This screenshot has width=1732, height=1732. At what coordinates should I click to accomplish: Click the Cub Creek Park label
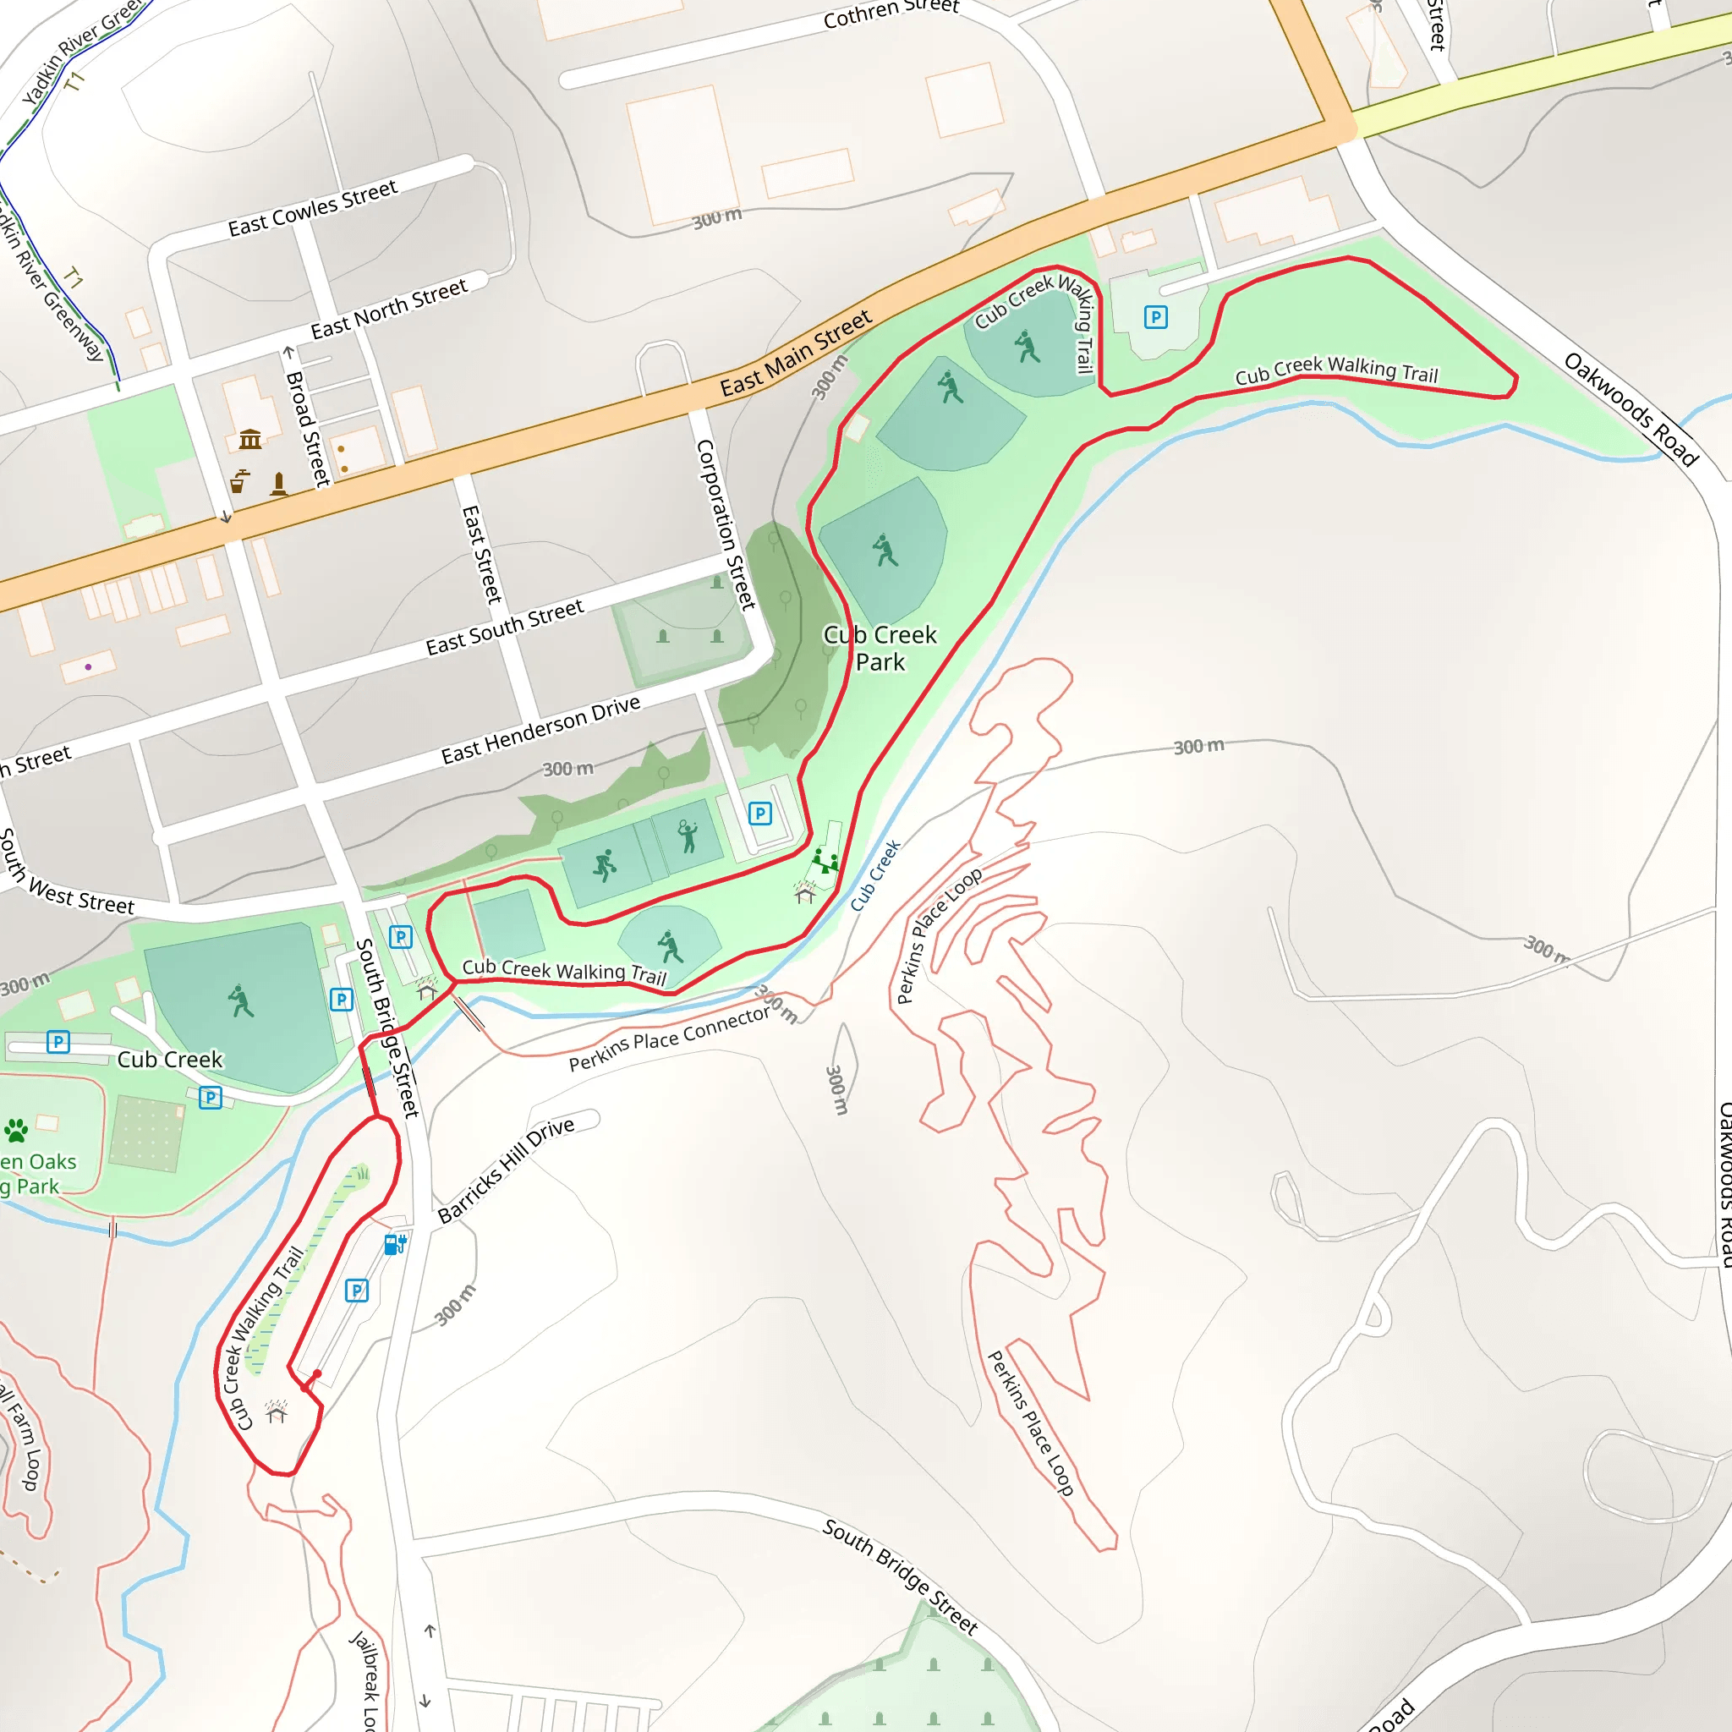pos(880,648)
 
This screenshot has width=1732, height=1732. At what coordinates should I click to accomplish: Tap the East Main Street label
pos(795,354)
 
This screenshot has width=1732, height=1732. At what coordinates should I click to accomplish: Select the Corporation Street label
pos(726,524)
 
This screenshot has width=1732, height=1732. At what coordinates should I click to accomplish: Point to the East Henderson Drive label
pos(540,730)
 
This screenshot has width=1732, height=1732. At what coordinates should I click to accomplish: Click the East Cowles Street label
pos(312,208)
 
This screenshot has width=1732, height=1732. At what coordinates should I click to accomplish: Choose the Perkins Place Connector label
pos(670,1039)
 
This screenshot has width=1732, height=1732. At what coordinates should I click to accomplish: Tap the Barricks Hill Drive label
pos(507,1169)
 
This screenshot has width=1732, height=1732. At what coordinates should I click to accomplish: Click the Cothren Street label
pos(891,13)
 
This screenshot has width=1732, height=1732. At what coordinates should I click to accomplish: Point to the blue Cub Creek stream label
pos(875,876)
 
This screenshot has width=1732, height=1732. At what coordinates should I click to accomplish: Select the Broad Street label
pos(308,417)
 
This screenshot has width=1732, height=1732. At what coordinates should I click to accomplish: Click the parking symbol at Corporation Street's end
pos(760,814)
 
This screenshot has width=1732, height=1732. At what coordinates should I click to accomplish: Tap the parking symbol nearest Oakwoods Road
pos(1155,317)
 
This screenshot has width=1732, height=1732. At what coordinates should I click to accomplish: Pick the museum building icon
pos(250,439)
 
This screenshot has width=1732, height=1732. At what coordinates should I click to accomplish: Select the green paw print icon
pos(16,1131)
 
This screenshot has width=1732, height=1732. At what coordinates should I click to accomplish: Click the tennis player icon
pos(688,836)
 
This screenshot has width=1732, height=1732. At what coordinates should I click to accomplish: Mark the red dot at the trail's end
pos(317,1374)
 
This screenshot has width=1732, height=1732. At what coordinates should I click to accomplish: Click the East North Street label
pos(389,309)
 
